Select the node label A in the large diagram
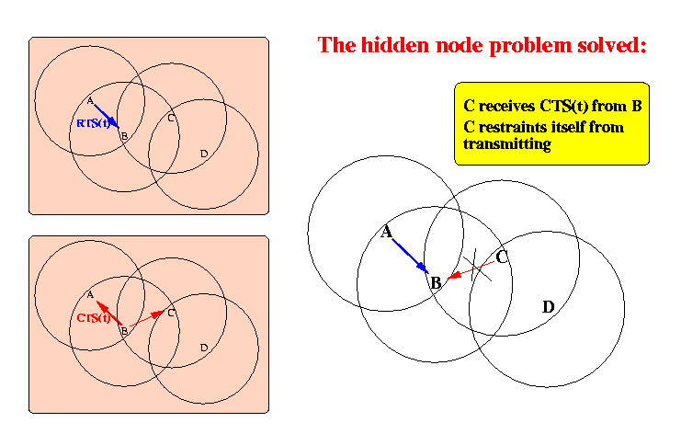coord(387,232)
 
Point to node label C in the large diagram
coord(502,257)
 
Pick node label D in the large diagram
coord(548,306)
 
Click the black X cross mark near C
coord(479,266)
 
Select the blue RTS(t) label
coord(93,122)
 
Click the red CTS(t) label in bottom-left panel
coord(94,318)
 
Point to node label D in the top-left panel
coord(203,152)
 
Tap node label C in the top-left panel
coord(172,118)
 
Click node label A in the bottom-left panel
coord(90,295)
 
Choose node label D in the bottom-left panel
coord(203,347)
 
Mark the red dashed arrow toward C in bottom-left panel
coord(147,319)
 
